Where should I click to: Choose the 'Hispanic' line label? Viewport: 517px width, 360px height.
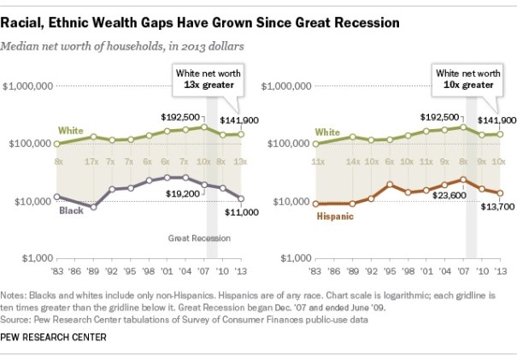335,217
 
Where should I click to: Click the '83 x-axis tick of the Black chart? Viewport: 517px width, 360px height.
57,270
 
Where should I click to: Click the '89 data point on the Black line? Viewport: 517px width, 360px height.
94,207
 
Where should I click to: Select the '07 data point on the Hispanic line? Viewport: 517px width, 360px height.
462,180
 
